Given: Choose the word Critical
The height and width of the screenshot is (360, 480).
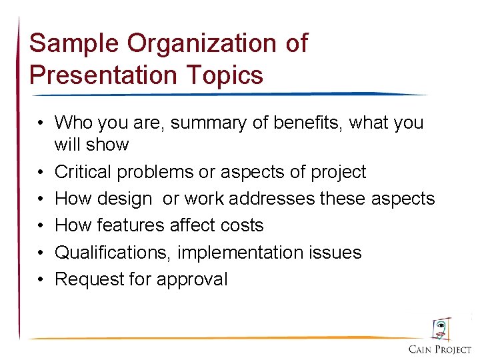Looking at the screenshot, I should click(x=83, y=172).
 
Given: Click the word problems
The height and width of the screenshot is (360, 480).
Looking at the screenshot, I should click(x=156, y=172).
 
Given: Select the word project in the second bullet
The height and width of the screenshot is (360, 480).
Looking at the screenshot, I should click(x=339, y=172).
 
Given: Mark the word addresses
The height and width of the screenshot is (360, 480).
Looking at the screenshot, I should click(x=284, y=199).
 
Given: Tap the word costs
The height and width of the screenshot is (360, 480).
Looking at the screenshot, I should click(x=241, y=225).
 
